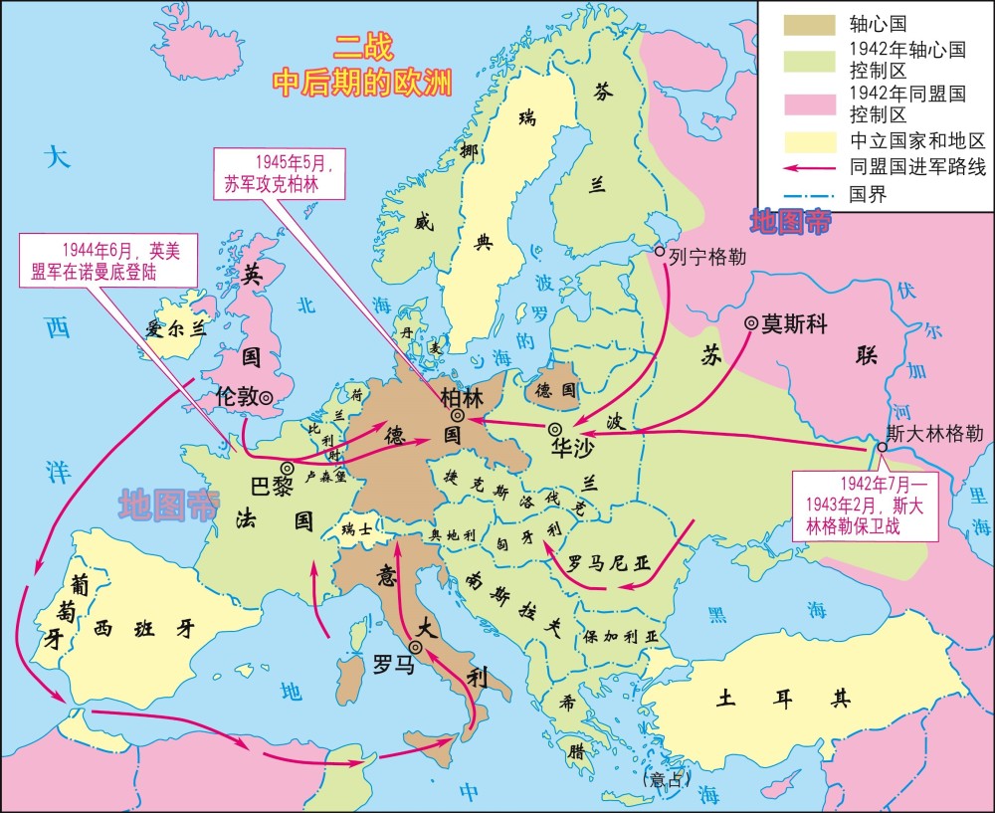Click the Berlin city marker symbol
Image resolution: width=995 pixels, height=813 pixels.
456,415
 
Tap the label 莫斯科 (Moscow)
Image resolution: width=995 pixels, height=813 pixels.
794,323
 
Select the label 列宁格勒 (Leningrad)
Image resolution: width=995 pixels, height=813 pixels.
706,256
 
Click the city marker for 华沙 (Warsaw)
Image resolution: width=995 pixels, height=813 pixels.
555,429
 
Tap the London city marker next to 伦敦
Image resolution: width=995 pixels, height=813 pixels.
266,397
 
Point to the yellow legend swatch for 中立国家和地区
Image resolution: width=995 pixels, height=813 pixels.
801,140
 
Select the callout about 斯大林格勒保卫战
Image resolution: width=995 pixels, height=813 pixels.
861,505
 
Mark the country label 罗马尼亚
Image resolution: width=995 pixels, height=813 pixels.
608,563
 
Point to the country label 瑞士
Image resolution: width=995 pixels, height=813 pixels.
356,529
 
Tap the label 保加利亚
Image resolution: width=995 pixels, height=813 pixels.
622,635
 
